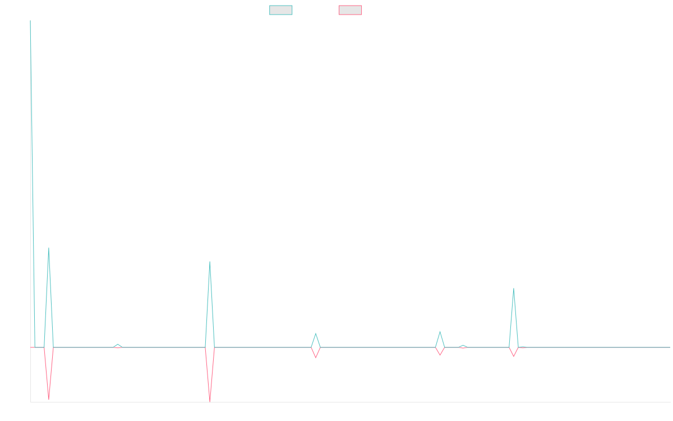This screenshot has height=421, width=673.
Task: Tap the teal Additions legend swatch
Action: [x=281, y=10]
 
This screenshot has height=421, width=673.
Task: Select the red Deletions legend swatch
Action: [x=350, y=10]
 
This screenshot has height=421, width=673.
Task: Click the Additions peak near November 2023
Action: [x=210, y=262]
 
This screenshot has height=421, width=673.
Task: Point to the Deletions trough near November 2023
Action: [x=210, y=400]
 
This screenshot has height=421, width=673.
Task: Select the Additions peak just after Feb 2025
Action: [x=513, y=289]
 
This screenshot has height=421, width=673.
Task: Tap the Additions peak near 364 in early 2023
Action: [x=49, y=248]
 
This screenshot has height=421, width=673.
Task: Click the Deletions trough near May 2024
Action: [x=316, y=358]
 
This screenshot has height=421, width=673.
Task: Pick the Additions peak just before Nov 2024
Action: [x=440, y=332]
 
